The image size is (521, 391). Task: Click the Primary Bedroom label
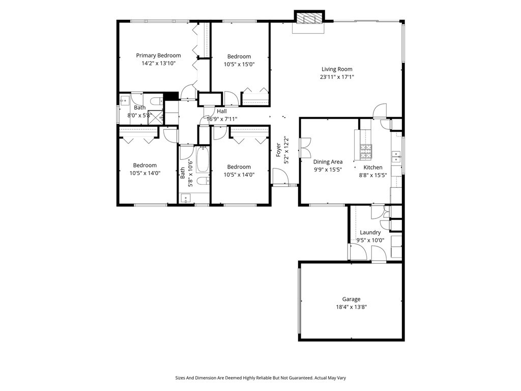(158, 55)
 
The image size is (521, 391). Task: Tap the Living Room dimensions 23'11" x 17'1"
(337, 77)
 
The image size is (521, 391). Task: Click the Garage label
(351, 299)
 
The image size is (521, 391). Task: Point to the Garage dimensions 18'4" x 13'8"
(351, 307)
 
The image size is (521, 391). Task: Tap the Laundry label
(370, 232)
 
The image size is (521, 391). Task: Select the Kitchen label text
(372, 167)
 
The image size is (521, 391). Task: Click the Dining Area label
(328, 162)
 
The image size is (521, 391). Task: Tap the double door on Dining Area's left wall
(305, 147)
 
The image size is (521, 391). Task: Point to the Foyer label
(278, 149)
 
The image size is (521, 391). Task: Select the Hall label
(222, 111)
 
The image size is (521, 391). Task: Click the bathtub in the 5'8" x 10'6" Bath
(202, 158)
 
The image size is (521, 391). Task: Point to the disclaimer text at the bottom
(260, 378)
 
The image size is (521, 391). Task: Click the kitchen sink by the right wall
(395, 156)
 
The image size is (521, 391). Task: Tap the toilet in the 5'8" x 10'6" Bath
(201, 182)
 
